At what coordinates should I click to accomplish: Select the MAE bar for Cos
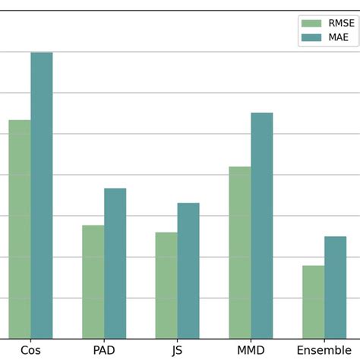click(x=42, y=195)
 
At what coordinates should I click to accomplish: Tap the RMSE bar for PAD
click(x=93, y=282)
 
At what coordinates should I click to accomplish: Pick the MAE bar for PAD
click(x=115, y=264)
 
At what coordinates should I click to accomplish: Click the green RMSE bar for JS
click(x=166, y=286)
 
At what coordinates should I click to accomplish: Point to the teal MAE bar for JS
click(x=188, y=270)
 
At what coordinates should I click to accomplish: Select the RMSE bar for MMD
click(x=240, y=252)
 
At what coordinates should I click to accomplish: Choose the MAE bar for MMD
click(x=262, y=226)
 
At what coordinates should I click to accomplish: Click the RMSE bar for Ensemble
click(x=313, y=302)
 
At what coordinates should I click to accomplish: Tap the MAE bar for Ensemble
click(x=335, y=287)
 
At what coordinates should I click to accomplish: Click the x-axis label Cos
click(x=30, y=350)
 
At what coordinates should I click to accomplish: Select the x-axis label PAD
click(x=104, y=350)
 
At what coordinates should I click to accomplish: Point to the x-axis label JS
click(x=178, y=350)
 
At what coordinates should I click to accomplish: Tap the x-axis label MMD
click(x=251, y=350)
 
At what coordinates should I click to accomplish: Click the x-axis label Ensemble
click(x=324, y=350)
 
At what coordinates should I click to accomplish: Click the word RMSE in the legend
click(x=341, y=24)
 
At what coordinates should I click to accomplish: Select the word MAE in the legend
click(x=338, y=37)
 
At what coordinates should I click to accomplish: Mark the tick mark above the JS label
click(x=178, y=341)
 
